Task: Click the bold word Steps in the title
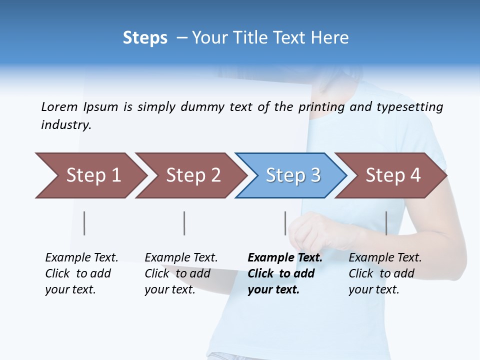[145, 38]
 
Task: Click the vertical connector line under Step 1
[84, 223]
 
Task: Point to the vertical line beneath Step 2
[184, 223]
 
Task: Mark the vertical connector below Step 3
[285, 223]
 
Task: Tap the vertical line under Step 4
[386, 223]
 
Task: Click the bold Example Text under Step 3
[285, 273]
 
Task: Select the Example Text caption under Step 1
[81, 273]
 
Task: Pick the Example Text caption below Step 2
[181, 273]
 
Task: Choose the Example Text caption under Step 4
[385, 273]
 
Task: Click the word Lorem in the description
[59, 107]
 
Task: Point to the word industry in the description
[66, 125]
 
